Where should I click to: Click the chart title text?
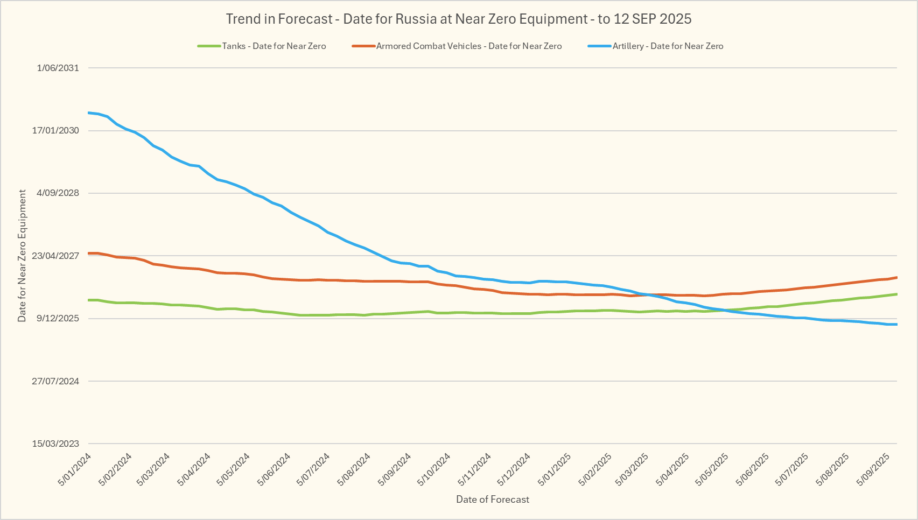point(459,19)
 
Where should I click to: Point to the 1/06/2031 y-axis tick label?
point(58,68)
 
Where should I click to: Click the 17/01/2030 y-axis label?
point(55,130)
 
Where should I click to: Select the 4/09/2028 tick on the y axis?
point(58,193)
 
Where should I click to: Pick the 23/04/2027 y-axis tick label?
point(55,256)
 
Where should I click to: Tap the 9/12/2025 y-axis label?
point(58,318)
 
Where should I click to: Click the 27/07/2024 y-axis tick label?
point(55,381)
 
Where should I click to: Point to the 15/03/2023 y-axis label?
point(55,444)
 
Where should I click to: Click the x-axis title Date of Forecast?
point(493,500)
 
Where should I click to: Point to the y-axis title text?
point(22,256)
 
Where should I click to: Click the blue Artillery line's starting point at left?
point(89,113)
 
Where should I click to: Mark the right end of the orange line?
point(896,277)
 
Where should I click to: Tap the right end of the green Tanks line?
point(896,294)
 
